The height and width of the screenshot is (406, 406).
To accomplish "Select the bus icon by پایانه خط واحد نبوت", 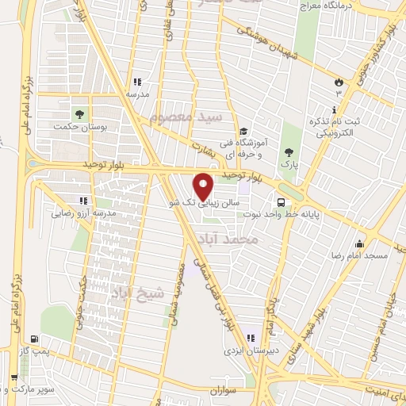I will [281, 201].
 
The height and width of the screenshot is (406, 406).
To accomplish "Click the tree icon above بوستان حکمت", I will [79, 113].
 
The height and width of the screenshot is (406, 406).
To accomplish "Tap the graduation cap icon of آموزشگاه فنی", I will [245, 131].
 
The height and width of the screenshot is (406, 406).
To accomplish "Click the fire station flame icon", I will [339, 81].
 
